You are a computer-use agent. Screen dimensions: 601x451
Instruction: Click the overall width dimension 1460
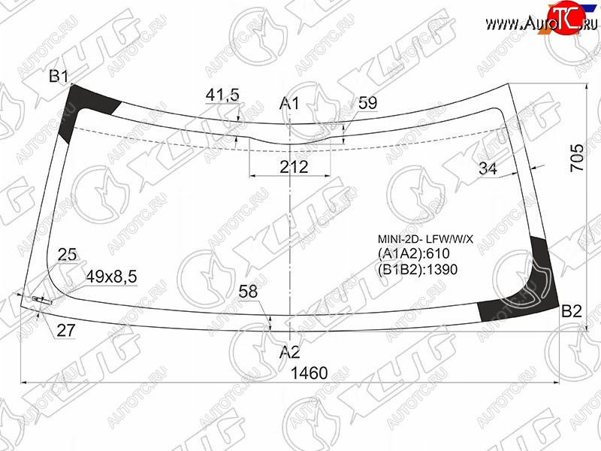click(x=310, y=373)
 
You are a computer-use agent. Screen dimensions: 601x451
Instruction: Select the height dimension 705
click(x=577, y=158)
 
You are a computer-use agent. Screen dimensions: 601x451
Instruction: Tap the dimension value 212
click(x=294, y=167)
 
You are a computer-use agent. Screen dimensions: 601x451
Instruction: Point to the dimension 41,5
click(x=222, y=95)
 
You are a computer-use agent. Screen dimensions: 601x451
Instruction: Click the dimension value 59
click(x=367, y=103)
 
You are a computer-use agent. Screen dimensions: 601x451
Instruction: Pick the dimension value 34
click(x=488, y=168)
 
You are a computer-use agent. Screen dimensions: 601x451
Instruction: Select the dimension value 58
click(x=248, y=292)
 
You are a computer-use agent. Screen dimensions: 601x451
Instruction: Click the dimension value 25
click(x=67, y=255)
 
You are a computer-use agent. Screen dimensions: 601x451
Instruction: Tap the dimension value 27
click(x=66, y=330)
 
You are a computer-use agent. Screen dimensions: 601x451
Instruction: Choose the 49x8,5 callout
click(x=111, y=277)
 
